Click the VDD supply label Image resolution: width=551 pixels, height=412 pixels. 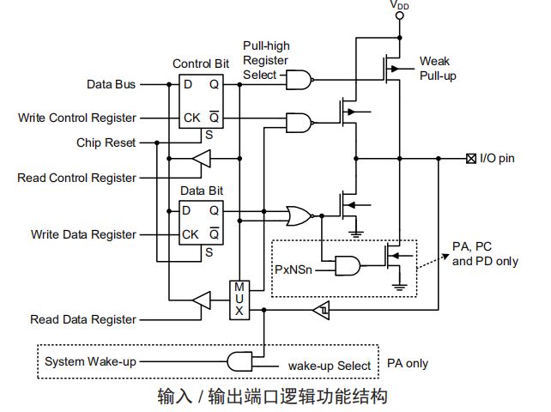399,6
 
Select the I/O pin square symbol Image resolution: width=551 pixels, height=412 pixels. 470,159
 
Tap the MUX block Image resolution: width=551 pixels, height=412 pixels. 239,298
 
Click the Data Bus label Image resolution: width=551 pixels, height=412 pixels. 112,84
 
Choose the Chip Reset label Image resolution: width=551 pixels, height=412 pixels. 106,142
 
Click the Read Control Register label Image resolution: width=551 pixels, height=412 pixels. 77,178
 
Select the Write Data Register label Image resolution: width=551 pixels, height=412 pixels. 83,234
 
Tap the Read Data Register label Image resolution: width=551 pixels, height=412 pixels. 83,319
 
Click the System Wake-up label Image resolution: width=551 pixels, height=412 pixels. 90,361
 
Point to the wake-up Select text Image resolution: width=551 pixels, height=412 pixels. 330,366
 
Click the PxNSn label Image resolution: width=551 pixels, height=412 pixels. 294,269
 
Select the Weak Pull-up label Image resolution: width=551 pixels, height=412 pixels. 437,69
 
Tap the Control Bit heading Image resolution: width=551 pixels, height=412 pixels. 200,64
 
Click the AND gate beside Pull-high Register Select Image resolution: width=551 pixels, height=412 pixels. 299,80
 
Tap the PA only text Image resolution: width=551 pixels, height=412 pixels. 408,363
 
